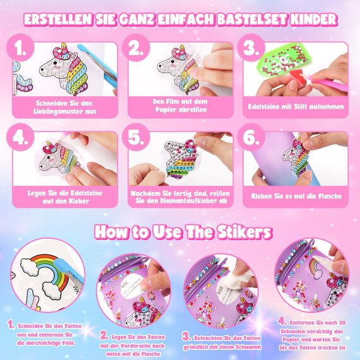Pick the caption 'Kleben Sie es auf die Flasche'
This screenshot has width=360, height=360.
[x=296, y=196]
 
